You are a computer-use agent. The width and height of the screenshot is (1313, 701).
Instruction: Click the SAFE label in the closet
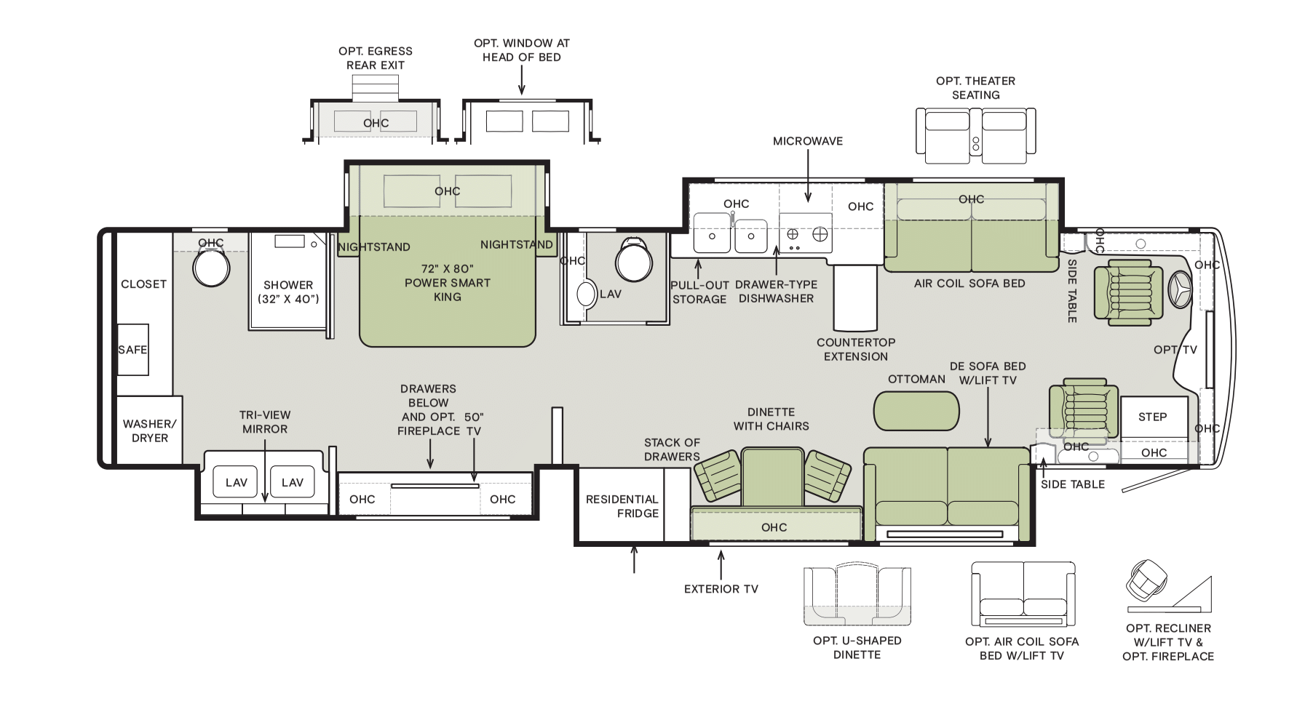pos(132,350)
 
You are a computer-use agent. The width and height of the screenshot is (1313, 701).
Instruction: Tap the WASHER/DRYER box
pos(149,430)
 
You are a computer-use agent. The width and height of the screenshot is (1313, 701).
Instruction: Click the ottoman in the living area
pos(916,411)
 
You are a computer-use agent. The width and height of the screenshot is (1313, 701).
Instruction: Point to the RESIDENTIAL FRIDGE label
pos(622,506)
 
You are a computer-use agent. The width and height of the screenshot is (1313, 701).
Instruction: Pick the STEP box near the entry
pos(1154,417)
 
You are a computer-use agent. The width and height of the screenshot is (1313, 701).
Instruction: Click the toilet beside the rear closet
pos(211,268)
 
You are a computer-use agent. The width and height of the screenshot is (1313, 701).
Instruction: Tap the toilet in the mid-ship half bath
pos(634,260)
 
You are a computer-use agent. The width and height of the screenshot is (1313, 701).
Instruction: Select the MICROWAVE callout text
pos(808,141)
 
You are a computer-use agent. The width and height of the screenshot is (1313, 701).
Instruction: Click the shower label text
pos(288,292)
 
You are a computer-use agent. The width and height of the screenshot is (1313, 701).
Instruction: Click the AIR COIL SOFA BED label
pos(969,284)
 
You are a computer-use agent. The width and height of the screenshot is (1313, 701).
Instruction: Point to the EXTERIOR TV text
pos(721,589)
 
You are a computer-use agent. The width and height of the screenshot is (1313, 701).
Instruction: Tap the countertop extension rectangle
pos(856,297)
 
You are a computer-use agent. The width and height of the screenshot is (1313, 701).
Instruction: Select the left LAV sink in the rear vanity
pos(236,482)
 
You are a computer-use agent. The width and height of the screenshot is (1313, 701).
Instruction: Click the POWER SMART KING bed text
pos(447,283)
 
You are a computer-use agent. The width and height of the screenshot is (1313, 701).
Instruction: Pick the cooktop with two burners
pos(806,233)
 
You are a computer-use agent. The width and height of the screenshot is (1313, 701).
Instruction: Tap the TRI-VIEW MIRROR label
pos(265,422)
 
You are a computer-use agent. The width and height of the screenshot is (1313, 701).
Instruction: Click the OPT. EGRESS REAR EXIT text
pos(376,58)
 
